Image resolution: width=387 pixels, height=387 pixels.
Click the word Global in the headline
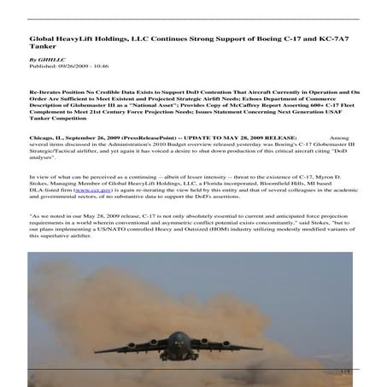coord(42,38)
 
